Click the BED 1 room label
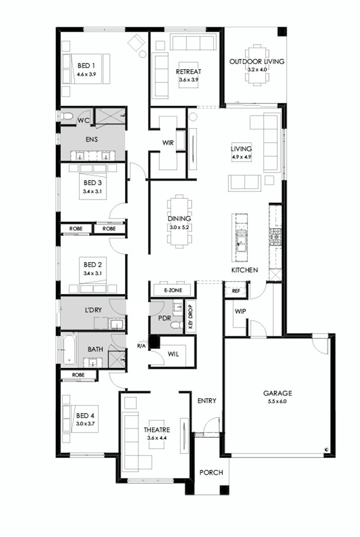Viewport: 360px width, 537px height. (86, 66)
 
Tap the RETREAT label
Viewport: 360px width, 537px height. (188, 71)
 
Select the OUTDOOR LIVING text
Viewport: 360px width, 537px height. (257, 62)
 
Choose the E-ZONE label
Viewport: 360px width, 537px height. (172, 291)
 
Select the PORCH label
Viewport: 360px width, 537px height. (211, 473)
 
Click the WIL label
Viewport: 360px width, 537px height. (173, 355)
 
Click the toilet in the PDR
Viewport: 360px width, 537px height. (176, 325)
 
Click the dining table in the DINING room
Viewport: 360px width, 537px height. (178, 221)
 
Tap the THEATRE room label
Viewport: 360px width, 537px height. (158, 430)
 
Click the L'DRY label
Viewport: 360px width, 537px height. (94, 311)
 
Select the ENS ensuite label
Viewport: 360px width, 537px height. (93, 139)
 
